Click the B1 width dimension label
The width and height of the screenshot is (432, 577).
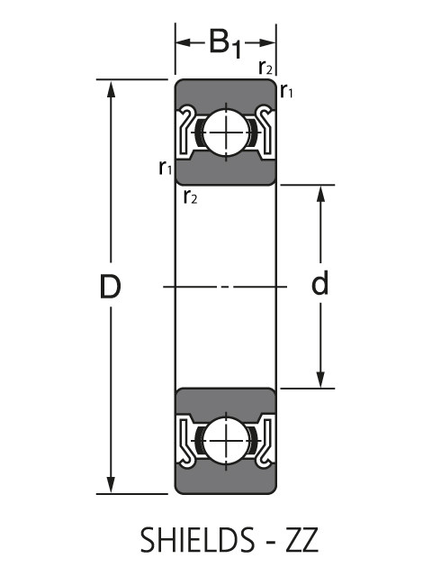(225, 43)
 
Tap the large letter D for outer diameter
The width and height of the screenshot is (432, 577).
(110, 287)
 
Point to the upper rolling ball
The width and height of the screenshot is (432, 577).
(225, 132)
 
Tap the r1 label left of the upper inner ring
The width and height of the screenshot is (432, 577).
(165, 167)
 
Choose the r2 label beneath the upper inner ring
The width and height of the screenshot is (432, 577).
(189, 197)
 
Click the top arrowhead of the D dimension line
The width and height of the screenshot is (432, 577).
(111, 88)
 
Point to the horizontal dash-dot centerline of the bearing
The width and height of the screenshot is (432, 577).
(225, 287)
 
